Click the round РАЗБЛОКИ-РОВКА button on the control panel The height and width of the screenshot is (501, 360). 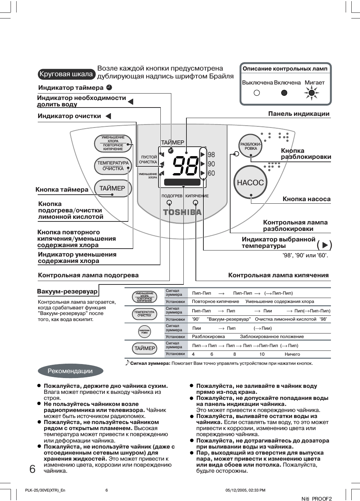point(251,146)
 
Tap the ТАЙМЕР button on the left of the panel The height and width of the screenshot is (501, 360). point(112,188)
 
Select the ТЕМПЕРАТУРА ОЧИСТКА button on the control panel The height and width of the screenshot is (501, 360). point(113,166)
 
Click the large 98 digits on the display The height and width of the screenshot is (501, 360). point(186,166)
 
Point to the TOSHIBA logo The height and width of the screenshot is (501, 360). point(182,212)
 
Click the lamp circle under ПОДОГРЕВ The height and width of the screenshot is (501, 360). point(169,203)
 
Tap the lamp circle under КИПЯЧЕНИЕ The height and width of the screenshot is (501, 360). point(195,203)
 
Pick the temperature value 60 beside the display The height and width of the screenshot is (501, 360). point(211,173)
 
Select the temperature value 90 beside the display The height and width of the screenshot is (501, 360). point(211,164)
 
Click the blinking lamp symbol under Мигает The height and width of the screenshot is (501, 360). point(311,92)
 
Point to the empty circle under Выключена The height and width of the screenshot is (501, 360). point(257,93)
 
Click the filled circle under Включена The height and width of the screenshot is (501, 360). point(284,93)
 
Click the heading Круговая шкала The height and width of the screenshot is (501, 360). point(66,74)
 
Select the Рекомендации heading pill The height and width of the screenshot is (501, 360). point(70,371)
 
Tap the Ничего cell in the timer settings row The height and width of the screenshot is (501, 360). point(292,354)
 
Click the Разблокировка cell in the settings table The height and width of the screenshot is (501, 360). point(208,337)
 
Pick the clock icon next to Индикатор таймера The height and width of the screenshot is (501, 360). point(109,88)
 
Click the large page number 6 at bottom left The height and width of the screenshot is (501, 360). point(32,469)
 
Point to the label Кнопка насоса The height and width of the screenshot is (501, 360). point(306,199)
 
